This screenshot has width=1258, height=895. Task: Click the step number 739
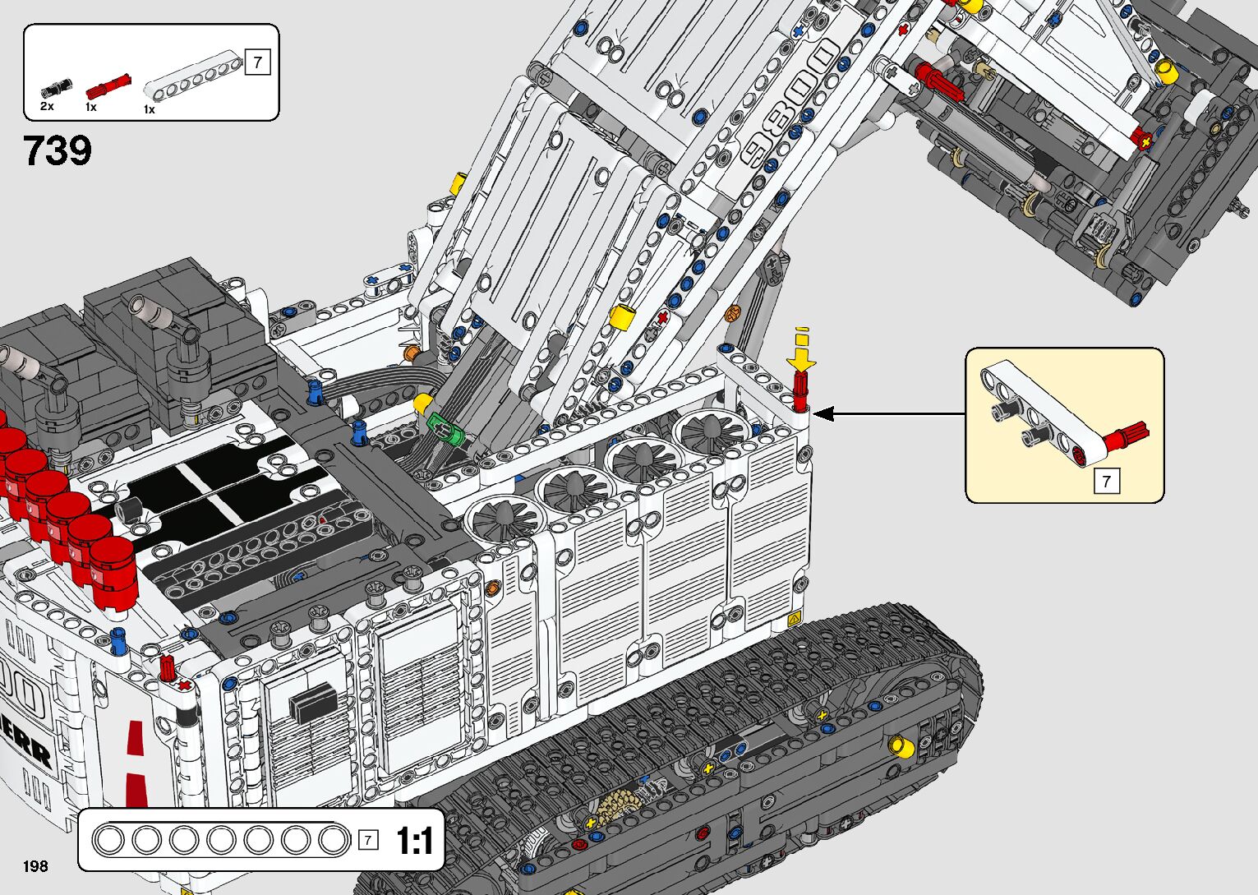tap(58, 150)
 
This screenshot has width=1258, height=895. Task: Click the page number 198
tap(35, 865)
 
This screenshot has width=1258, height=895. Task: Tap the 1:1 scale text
tap(414, 841)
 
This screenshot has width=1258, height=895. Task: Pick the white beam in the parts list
tap(194, 78)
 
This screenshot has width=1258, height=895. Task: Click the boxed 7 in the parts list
tap(258, 62)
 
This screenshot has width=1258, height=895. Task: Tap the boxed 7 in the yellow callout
tap(1106, 481)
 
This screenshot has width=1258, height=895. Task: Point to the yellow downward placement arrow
tap(802, 352)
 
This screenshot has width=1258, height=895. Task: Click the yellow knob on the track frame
tap(901, 746)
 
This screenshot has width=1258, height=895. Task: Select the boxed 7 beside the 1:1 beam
tap(369, 840)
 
